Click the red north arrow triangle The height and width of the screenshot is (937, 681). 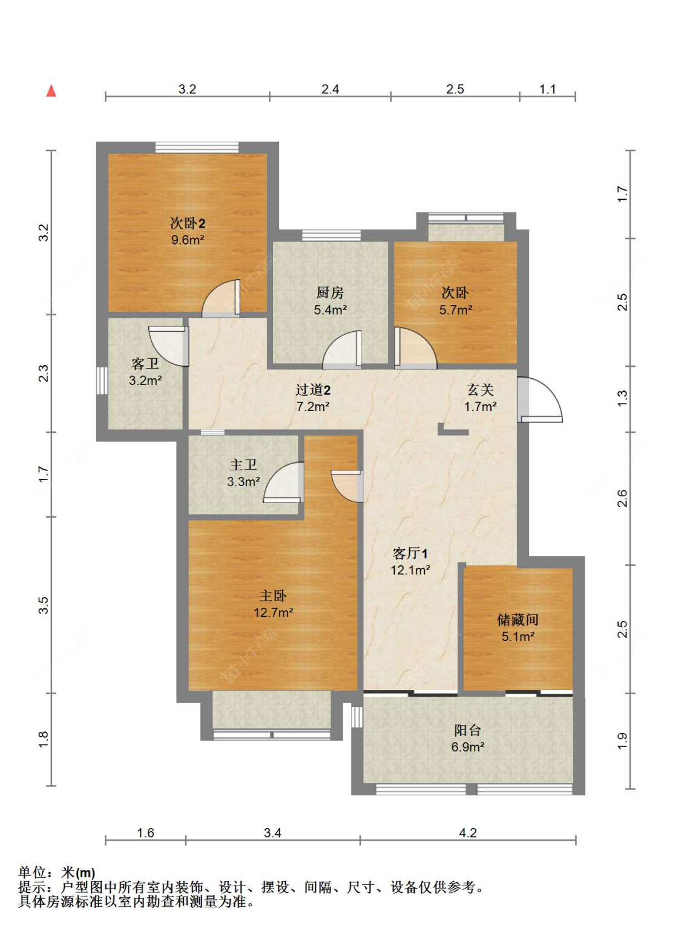pyautogui.click(x=51, y=91)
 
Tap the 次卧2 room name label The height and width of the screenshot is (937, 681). pyautogui.click(x=188, y=223)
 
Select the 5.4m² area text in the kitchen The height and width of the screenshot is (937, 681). pyautogui.click(x=330, y=310)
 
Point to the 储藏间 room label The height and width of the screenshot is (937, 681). pyautogui.click(x=518, y=619)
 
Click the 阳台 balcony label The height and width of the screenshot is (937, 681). pyautogui.click(x=467, y=730)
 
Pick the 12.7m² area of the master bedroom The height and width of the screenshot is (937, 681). pyautogui.click(x=273, y=613)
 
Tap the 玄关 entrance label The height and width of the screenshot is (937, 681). pyautogui.click(x=480, y=390)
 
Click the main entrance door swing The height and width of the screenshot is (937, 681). pyautogui.click(x=539, y=399)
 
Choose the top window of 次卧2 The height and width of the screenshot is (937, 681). pyautogui.click(x=197, y=147)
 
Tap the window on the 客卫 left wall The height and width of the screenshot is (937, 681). pyautogui.click(x=102, y=381)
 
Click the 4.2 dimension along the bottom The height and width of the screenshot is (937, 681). pyautogui.click(x=468, y=832)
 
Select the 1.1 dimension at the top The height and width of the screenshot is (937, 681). pyautogui.click(x=547, y=89)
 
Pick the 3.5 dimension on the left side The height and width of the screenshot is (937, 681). pyautogui.click(x=44, y=605)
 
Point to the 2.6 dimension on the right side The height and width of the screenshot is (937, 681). pyautogui.click(x=622, y=498)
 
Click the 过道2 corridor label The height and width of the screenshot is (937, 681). pyautogui.click(x=313, y=390)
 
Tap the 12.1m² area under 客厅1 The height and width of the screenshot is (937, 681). pyautogui.click(x=411, y=570)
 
